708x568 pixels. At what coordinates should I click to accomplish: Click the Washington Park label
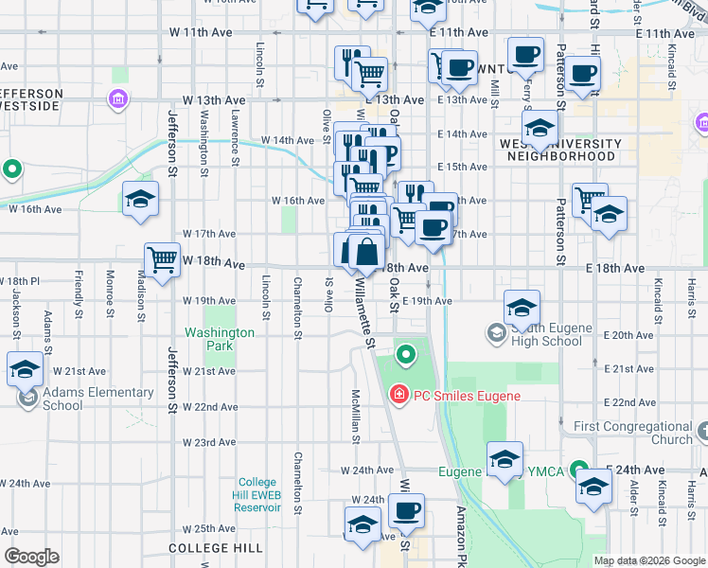click(220, 339)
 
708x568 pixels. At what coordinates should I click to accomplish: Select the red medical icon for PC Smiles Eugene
click(398, 394)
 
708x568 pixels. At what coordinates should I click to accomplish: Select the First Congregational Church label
click(633, 433)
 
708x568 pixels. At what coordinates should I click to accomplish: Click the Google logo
click(31, 557)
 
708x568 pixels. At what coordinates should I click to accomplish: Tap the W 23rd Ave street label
click(208, 442)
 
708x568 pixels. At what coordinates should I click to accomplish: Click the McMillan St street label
click(356, 417)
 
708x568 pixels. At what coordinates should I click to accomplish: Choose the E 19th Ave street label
click(427, 301)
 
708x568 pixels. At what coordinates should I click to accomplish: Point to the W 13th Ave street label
click(215, 99)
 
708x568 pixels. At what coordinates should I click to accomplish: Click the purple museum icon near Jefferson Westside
click(117, 98)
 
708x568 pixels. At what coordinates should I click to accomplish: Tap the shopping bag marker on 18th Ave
click(366, 253)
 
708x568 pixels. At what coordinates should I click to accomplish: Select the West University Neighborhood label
click(561, 150)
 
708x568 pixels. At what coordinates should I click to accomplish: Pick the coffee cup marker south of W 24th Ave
click(407, 512)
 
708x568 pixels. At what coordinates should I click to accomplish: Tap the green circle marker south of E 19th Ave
click(406, 355)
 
